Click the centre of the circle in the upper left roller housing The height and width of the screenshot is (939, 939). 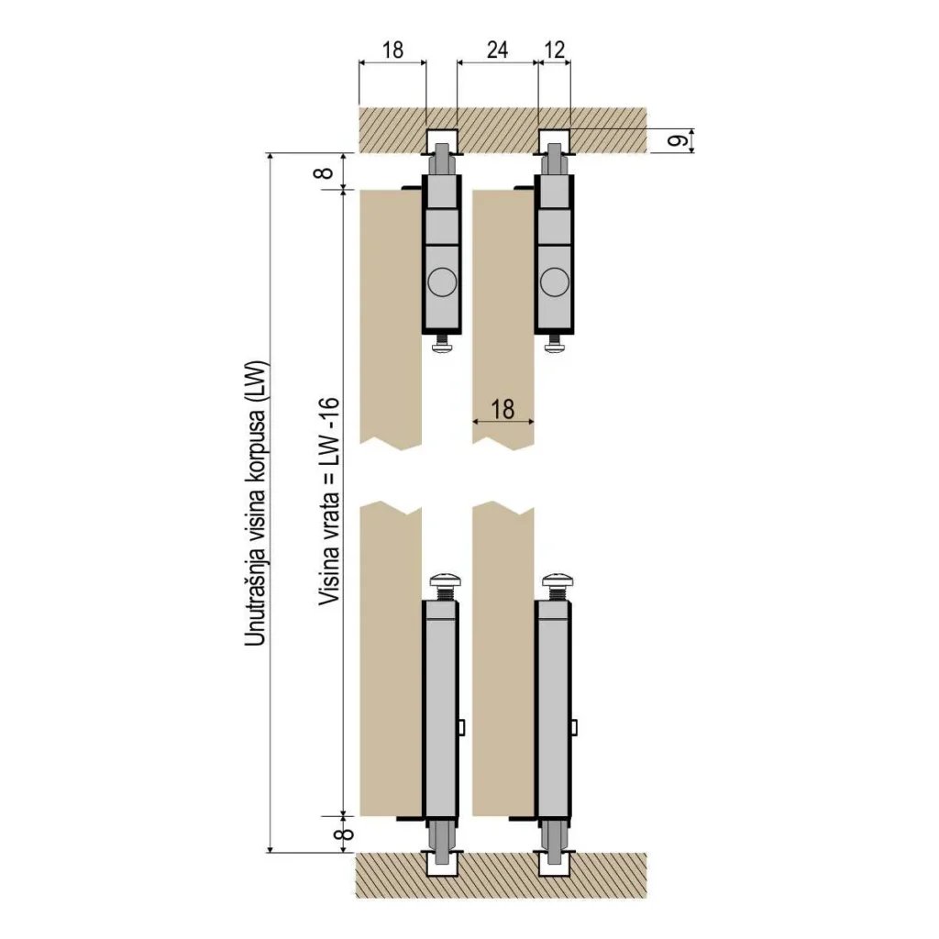click(442, 282)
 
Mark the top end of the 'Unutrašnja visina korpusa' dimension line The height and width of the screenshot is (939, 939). click(271, 154)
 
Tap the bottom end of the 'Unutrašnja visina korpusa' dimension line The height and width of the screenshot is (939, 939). click(271, 851)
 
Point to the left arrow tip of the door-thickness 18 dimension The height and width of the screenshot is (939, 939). click(473, 422)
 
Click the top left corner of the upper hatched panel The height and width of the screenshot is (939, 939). click(359, 108)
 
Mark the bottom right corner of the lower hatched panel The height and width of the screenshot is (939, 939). click(646, 899)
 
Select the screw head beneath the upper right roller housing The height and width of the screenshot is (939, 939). click(555, 348)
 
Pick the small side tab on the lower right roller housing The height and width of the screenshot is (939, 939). click(574, 727)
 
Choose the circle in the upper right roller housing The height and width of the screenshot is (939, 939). click(555, 282)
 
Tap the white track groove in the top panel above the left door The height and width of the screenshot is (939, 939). click(442, 141)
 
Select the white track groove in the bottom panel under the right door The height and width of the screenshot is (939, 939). click(555, 864)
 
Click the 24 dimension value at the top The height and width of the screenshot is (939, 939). click(497, 50)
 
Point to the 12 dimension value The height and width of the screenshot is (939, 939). click(555, 50)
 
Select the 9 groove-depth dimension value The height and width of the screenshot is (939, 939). click(678, 141)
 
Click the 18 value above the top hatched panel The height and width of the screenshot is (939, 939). click(392, 50)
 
